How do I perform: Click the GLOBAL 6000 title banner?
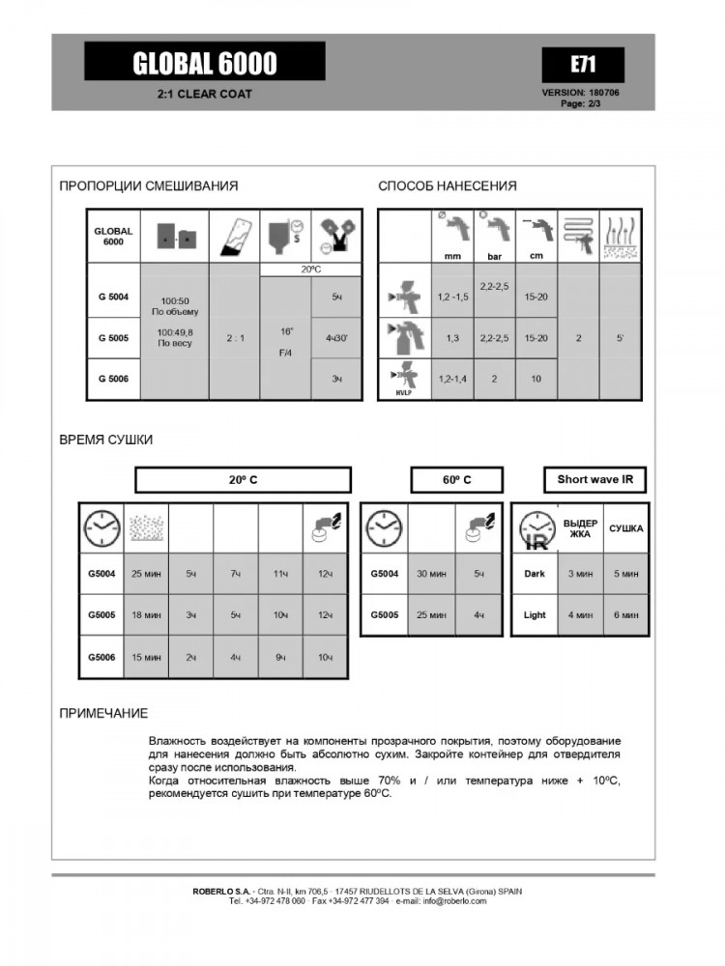(205, 64)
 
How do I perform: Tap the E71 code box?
(582, 65)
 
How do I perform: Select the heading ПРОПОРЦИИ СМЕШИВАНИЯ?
(149, 186)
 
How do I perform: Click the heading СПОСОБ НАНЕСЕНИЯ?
(448, 186)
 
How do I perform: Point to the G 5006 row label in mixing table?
(114, 380)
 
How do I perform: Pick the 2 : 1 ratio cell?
(234, 339)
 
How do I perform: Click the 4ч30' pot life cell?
(336, 338)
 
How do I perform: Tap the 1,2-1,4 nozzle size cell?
(452, 380)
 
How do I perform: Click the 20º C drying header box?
(243, 479)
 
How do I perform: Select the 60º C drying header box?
(457, 479)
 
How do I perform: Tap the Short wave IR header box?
(593, 479)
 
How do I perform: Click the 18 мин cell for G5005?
(146, 615)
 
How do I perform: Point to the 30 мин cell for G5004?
(431, 574)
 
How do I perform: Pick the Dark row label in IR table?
(534, 574)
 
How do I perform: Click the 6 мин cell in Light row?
(625, 614)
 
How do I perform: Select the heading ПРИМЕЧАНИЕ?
(103, 714)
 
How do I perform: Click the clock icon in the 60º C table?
(384, 529)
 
